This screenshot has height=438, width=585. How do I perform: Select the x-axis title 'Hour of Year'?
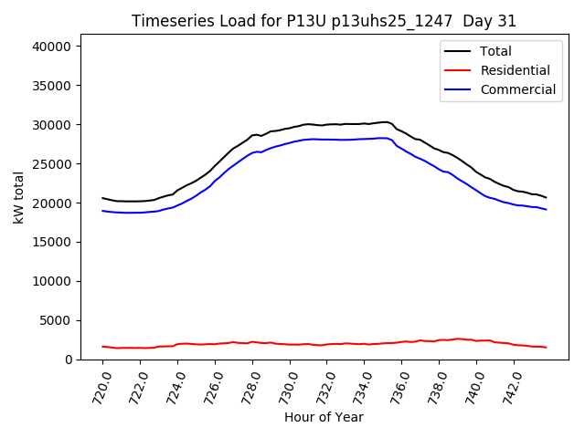[324, 417]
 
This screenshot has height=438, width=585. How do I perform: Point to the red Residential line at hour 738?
[439, 340]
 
